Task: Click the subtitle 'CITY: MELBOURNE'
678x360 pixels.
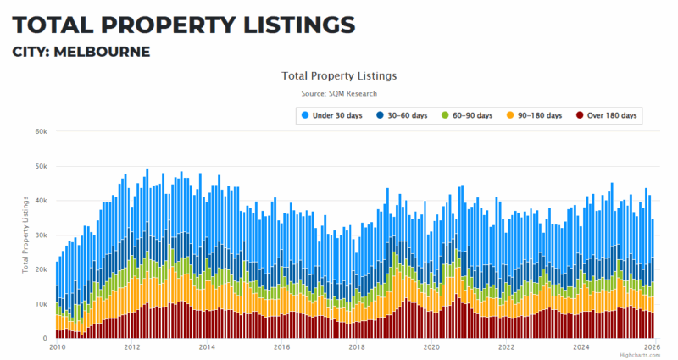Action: tap(81, 52)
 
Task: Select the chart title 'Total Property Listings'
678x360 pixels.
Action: tap(339, 75)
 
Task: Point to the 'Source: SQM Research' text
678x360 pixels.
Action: tap(339, 93)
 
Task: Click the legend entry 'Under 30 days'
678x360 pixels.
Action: tap(336, 114)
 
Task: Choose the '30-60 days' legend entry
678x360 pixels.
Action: tap(403, 114)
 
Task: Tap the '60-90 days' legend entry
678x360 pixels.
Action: tap(473, 114)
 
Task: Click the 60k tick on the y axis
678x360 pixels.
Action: tap(40, 131)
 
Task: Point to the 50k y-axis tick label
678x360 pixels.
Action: tap(40, 166)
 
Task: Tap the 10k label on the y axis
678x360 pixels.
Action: tap(40, 304)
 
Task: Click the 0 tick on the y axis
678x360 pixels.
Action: tap(44, 339)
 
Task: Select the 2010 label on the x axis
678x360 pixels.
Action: tap(57, 347)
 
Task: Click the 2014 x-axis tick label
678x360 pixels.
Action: tap(207, 347)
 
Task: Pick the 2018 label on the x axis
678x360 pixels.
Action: tap(356, 347)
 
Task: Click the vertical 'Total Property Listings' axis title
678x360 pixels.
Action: tap(25, 235)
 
